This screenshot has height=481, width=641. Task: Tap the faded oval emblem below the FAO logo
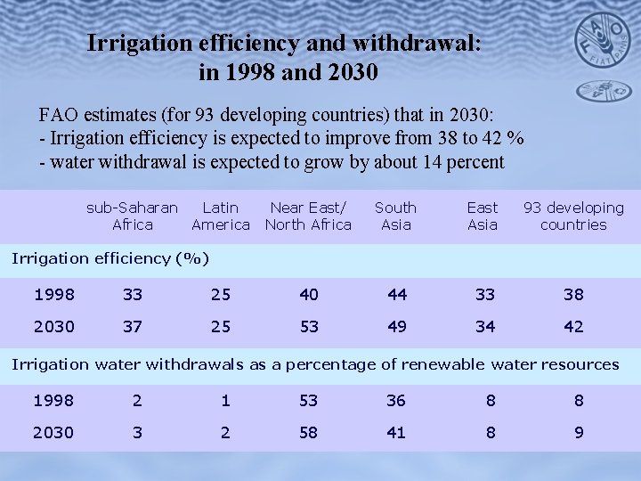tap(604, 90)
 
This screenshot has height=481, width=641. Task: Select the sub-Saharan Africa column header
tap(132, 216)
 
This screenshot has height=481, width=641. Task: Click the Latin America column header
tap(220, 216)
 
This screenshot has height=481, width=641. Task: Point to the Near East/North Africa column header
tap(308, 216)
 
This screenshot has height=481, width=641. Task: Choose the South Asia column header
tap(395, 216)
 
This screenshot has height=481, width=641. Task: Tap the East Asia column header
tap(483, 216)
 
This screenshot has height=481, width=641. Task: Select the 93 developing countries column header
tap(573, 216)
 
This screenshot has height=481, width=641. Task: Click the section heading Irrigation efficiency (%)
tap(110, 258)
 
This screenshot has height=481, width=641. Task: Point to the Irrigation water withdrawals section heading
tap(314, 364)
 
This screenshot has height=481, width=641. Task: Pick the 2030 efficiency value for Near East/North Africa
tap(309, 327)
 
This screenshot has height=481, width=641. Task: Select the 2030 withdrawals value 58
tap(309, 432)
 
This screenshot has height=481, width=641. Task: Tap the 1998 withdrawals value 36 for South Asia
tap(396, 401)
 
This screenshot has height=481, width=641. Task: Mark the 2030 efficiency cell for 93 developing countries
tap(574, 327)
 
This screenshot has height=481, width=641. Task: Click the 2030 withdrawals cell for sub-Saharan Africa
tap(136, 432)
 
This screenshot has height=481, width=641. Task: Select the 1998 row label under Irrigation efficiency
tap(54, 294)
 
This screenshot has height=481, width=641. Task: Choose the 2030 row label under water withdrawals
tap(54, 432)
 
